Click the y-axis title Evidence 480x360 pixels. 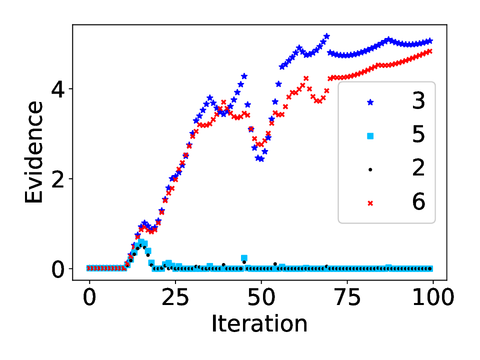[34, 152]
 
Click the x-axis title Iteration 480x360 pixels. [259, 323]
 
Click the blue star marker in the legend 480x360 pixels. [370, 102]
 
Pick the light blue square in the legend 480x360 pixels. [370, 136]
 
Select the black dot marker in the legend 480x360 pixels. [370, 169]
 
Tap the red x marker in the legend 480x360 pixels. [370, 203]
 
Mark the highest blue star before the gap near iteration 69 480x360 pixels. [326, 36]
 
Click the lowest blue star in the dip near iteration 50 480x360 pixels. [261, 159]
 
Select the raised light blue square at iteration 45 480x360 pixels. [244, 258]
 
